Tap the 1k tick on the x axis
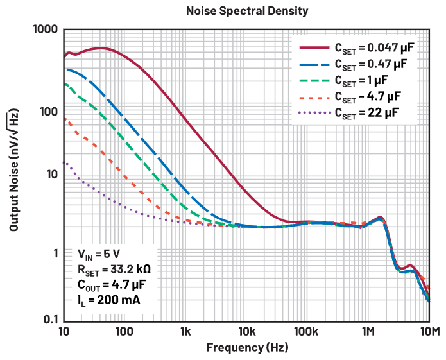pyautogui.click(x=185, y=332)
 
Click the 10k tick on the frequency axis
pyautogui.click(x=246, y=332)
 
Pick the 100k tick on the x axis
pyautogui.click(x=307, y=332)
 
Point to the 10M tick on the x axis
pyautogui.click(x=429, y=332)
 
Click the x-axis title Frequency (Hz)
pyautogui.click(x=247, y=348)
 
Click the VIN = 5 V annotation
pyautogui.click(x=99, y=253)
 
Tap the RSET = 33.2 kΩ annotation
pyautogui.click(x=114, y=269)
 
